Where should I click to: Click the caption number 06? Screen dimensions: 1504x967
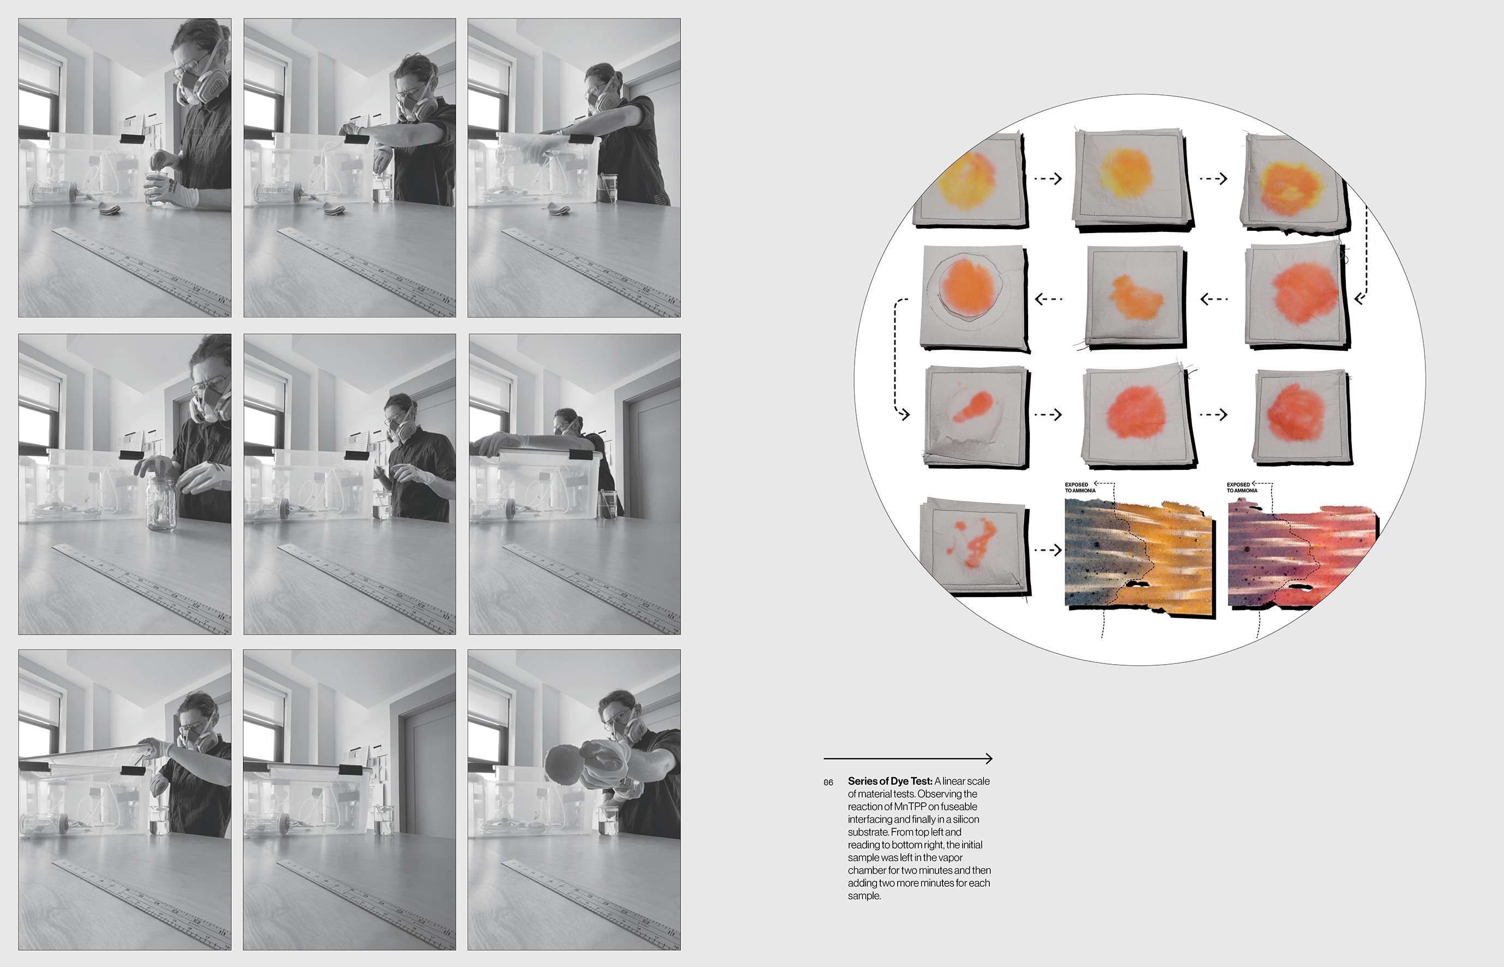(x=828, y=783)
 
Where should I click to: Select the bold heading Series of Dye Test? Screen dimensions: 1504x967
(x=890, y=781)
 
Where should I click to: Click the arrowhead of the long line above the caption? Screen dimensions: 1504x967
(x=988, y=759)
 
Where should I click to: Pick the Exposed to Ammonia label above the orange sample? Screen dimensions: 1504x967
(x=1079, y=487)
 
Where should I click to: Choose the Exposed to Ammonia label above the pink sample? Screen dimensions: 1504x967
(x=1242, y=487)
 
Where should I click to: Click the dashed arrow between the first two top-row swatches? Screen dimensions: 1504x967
(x=1047, y=179)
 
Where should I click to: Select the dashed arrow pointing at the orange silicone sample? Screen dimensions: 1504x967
(x=1047, y=550)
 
